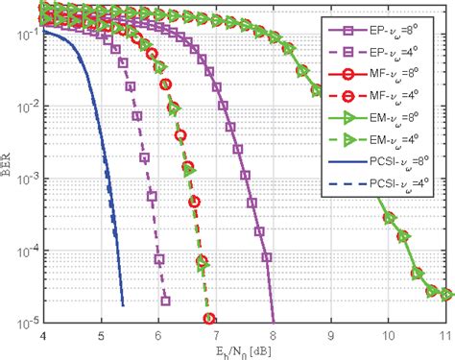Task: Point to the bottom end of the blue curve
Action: (124, 305)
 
